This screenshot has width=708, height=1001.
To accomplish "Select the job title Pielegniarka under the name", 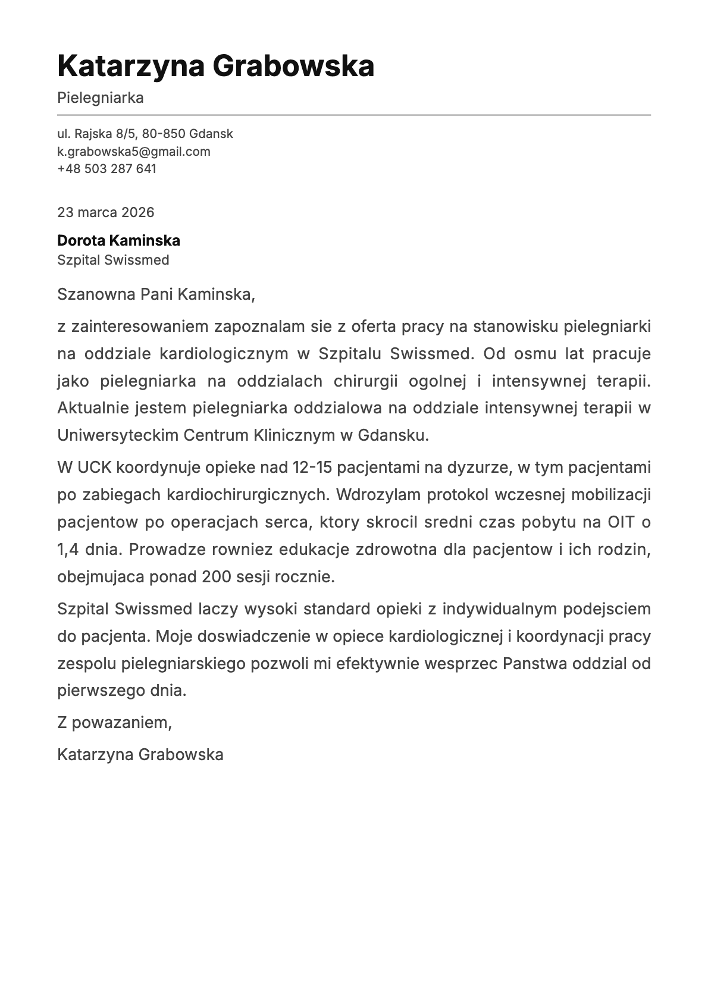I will (x=101, y=98).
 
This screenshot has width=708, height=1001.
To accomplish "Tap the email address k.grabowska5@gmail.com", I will (x=134, y=151).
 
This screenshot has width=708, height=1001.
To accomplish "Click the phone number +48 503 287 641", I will (x=106, y=168).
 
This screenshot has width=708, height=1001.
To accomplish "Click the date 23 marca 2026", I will (x=105, y=212).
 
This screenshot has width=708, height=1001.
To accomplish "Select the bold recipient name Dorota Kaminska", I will (x=118, y=240).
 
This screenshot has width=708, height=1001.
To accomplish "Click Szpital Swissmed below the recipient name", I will (x=113, y=260).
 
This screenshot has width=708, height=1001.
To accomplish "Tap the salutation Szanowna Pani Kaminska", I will (x=156, y=294).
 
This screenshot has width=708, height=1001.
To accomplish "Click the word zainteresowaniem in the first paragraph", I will (x=140, y=327).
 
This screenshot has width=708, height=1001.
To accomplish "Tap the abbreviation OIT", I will (x=621, y=522).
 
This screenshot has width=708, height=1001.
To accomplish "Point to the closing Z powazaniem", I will (x=114, y=722).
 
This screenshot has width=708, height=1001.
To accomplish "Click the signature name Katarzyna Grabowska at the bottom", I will (x=140, y=754).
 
